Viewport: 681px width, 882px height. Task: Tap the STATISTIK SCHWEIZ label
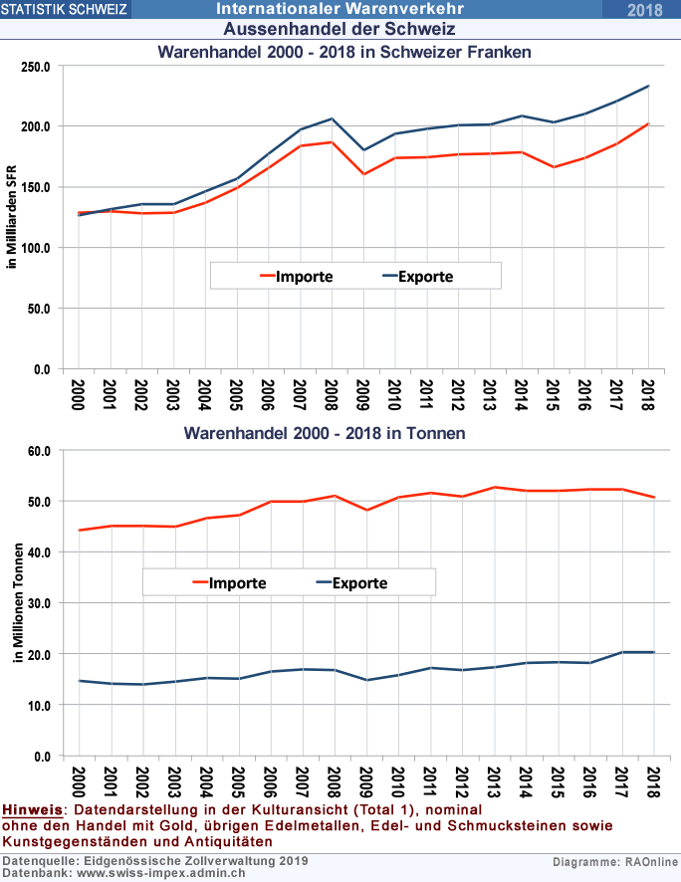65,10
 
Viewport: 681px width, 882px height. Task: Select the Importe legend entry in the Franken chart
296,276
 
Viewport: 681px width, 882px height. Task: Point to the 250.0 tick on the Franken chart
36,67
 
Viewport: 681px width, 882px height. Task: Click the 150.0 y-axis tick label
36,187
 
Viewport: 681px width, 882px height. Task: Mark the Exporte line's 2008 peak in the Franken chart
332,118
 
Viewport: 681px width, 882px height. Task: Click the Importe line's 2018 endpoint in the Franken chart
648,123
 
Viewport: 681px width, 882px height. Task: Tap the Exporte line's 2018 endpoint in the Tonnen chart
653,652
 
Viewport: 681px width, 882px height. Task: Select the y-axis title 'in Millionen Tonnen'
13,603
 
